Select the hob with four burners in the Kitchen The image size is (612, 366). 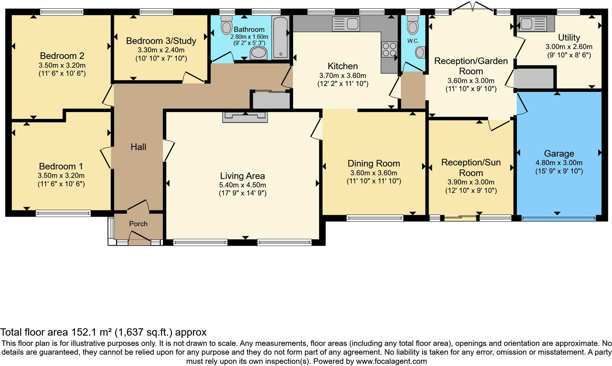coord(389,50)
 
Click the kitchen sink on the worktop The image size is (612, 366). coord(346,24)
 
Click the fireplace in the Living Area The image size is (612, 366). coord(245,116)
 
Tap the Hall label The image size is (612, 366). coord(138,147)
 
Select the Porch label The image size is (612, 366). coord(138,224)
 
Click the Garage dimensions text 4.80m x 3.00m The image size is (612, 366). coord(559,163)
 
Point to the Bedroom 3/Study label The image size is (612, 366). coord(161,41)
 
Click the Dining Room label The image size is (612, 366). coord(374,163)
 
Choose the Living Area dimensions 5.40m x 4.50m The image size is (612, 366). coord(242,185)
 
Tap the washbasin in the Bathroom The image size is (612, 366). coord(259,54)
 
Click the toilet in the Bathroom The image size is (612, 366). coord(227,26)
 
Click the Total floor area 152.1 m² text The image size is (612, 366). coord(103,332)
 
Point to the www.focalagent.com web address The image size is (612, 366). coord(391,362)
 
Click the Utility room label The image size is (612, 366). coord(569,37)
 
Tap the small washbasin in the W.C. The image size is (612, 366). coord(421,52)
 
